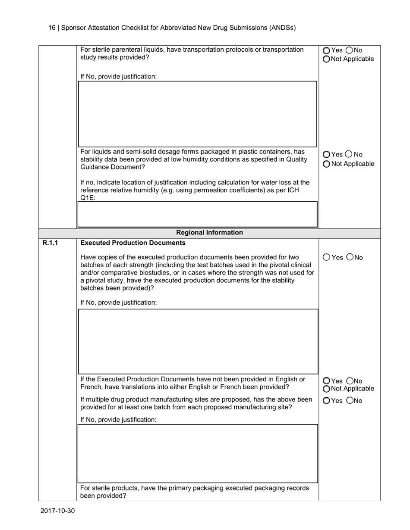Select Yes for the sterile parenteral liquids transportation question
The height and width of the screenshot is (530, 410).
pyautogui.click(x=326, y=50)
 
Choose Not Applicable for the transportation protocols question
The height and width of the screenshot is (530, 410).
pyautogui.click(x=326, y=59)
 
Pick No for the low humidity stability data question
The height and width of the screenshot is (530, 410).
pyautogui.click(x=349, y=154)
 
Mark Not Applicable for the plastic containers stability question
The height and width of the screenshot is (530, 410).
pyautogui.click(x=326, y=164)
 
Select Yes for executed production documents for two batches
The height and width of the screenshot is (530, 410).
pyautogui.click(x=326, y=257)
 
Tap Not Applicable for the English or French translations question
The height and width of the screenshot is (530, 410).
pyautogui.click(x=326, y=389)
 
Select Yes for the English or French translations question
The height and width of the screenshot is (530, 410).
pyautogui.click(x=326, y=380)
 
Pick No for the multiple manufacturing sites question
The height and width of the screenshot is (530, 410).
pyautogui.click(x=350, y=401)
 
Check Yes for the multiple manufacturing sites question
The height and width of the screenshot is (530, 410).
pyautogui.click(x=326, y=401)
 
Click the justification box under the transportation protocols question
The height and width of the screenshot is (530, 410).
pyautogui.click(x=197, y=114)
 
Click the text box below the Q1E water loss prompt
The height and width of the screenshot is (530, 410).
pyautogui.click(x=197, y=214)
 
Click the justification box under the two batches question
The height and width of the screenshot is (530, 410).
pyautogui.click(x=197, y=341)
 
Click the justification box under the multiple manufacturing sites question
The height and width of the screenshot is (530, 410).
pyautogui.click(x=197, y=453)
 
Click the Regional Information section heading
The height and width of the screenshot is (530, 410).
pyautogui.click(x=210, y=233)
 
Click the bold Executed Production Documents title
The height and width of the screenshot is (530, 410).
pyautogui.click(x=133, y=243)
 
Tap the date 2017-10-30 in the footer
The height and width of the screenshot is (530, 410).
pyautogui.click(x=58, y=511)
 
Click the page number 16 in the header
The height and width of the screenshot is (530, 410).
pyautogui.click(x=52, y=28)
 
